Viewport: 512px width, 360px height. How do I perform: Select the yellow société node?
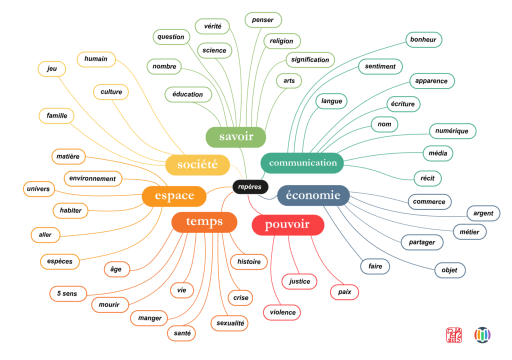click(x=197, y=164)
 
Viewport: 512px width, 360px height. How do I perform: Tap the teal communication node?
click(x=302, y=163)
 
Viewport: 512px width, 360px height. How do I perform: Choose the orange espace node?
click(x=174, y=196)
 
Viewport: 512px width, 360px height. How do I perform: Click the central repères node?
click(x=250, y=187)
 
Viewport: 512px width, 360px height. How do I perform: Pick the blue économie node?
click(x=313, y=195)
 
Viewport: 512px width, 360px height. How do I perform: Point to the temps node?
click(x=204, y=221)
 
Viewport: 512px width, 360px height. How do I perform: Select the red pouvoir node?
click(x=287, y=225)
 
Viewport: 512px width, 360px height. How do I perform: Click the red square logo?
click(x=454, y=335)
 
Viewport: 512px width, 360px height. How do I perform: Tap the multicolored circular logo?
click(x=482, y=335)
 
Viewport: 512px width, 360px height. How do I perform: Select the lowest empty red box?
click(x=282, y=312)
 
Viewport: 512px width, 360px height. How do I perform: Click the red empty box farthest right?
click(x=344, y=292)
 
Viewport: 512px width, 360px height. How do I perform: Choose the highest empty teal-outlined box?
click(x=423, y=39)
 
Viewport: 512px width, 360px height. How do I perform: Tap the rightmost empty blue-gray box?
click(x=483, y=213)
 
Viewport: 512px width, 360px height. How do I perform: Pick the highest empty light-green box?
click(x=263, y=20)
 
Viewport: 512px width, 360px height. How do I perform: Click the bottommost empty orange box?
click(x=181, y=333)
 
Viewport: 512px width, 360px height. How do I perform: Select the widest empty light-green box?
click(x=310, y=60)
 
